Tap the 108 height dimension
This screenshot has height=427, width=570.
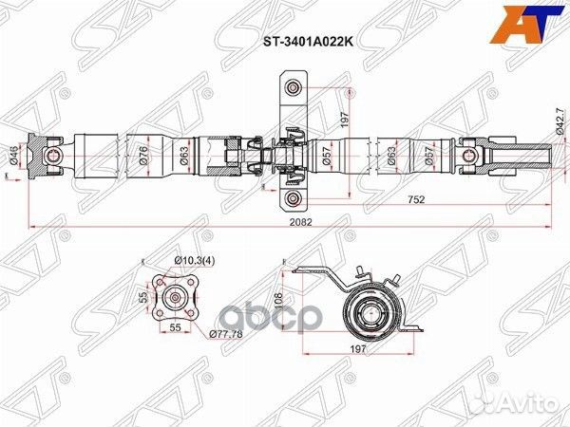279,302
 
